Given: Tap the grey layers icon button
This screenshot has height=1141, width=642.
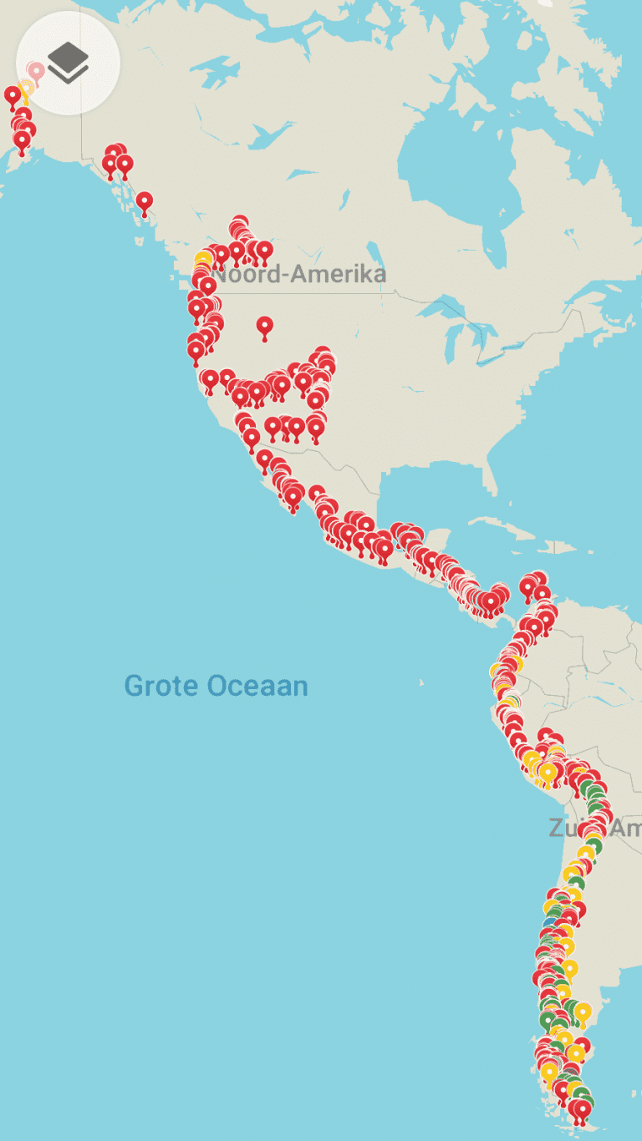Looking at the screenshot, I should tap(68, 63).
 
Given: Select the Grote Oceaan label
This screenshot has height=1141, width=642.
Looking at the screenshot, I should tap(216, 687).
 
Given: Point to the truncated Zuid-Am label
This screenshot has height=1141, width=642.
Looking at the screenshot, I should tap(594, 828).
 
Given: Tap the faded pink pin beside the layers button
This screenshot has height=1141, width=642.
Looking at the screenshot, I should tap(36, 72).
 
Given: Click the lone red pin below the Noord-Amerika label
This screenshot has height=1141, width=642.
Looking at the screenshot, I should tap(265, 327).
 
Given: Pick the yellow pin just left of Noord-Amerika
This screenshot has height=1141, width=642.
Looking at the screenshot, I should tap(203, 258).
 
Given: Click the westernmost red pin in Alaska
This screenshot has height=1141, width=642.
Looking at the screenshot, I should tap(12, 96).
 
